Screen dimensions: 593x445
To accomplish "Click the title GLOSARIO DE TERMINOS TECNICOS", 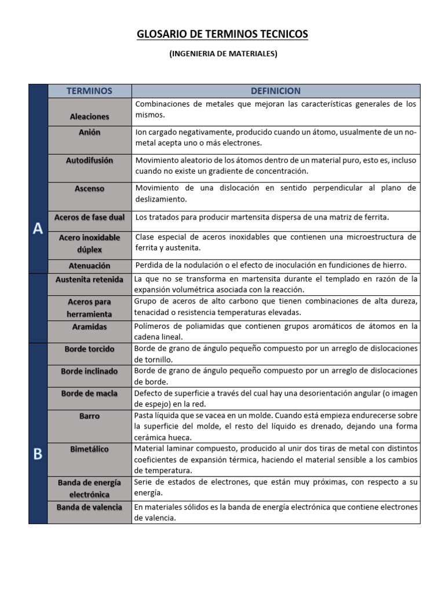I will pyautogui.click(x=222, y=35).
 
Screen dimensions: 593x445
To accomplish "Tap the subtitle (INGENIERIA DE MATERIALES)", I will pyautogui.click(x=223, y=54).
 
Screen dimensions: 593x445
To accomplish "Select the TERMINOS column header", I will pyautogui.click(x=89, y=91).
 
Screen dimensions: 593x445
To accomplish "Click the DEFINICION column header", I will pyautogui.click(x=275, y=91).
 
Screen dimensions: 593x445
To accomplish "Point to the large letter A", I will pyautogui.click(x=38, y=229).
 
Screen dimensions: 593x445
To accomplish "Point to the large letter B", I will pyautogui.click(x=38, y=454).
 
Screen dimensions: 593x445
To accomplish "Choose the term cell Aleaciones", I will pyautogui.click(x=89, y=116).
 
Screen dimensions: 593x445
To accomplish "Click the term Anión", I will pyautogui.click(x=89, y=132).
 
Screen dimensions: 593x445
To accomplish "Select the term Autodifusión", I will pyautogui.click(x=89, y=160).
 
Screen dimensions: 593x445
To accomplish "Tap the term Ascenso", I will pyautogui.click(x=89, y=188).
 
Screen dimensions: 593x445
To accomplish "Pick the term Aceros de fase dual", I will pyautogui.click(x=89, y=218).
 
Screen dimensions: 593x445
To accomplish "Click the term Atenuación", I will pyautogui.click(x=89, y=266).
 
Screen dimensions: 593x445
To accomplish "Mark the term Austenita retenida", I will pyautogui.click(x=89, y=279).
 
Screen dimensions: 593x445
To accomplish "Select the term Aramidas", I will pyautogui.click(x=89, y=327).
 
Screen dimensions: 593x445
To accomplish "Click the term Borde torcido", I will pyautogui.click(x=89, y=349).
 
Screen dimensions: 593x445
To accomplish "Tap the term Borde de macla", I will pyautogui.click(x=89, y=393).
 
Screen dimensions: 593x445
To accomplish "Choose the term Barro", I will pyautogui.click(x=89, y=416).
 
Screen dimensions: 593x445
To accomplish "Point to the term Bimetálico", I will pyautogui.click(x=89, y=449).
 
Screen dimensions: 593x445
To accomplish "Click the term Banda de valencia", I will pyautogui.click(x=89, y=507).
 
